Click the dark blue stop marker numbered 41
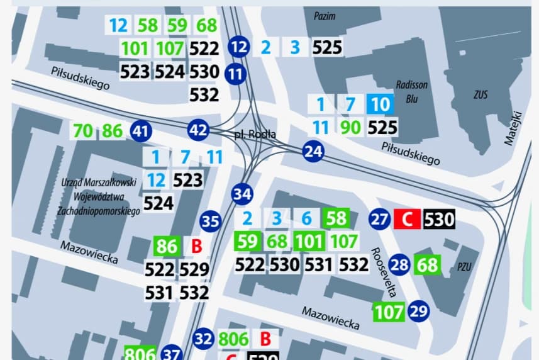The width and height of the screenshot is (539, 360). coord(142,132)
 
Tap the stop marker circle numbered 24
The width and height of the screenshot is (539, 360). coord(313,151)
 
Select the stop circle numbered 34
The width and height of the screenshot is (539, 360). coord(242,194)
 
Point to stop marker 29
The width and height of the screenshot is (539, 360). coord(418,310)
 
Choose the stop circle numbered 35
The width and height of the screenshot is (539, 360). coord(211,222)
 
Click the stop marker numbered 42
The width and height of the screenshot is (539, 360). coord(198,130)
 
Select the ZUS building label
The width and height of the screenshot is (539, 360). coord(481,95)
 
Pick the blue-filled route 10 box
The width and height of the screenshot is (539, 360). coord(381,103)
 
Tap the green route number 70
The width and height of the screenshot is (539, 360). coord(83,132)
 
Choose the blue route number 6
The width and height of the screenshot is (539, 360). coord(306,219)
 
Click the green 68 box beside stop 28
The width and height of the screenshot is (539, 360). coord(428,264)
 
